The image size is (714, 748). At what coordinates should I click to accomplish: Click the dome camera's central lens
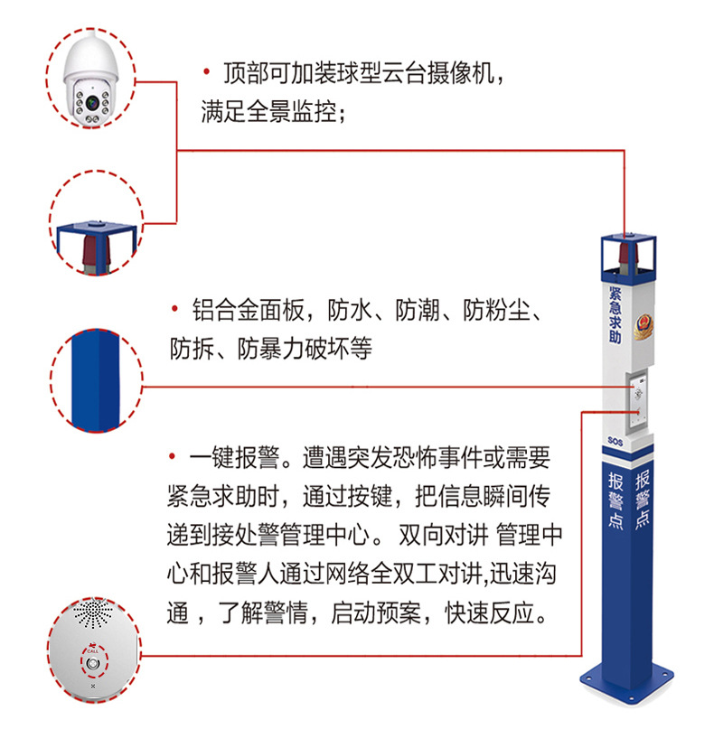pyautogui.click(x=92, y=102)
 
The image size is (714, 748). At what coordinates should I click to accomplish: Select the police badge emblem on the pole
pyautogui.click(x=644, y=326)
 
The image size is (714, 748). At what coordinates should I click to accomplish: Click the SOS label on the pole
pyautogui.click(x=615, y=441)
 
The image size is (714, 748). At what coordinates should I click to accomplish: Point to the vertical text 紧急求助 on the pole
pyautogui.click(x=615, y=314)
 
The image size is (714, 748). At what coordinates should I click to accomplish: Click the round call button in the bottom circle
pyautogui.click(x=94, y=664)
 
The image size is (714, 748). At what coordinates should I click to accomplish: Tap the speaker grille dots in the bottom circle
pyautogui.click(x=92, y=613)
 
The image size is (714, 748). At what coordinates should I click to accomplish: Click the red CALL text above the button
pyautogui.click(x=92, y=650)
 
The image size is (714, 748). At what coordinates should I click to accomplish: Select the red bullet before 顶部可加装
pyautogui.click(x=207, y=72)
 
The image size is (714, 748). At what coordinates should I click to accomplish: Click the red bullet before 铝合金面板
pyautogui.click(x=174, y=309)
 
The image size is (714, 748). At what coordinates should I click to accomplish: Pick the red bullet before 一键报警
pyautogui.click(x=173, y=456)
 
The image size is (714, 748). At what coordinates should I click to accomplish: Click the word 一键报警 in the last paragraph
pyautogui.click(x=234, y=458)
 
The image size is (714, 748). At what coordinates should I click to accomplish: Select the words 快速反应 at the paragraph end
pyautogui.click(x=489, y=612)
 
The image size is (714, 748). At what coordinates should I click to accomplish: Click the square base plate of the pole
pyautogui.click(x=626, y=682)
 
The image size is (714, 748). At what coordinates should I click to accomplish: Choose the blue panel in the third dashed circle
pyautogui.click(x=96, y=380)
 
